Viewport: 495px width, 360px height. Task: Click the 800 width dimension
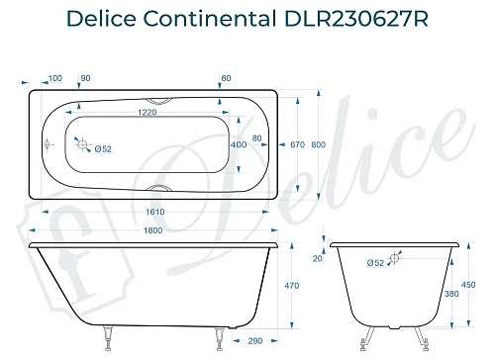click(x=317, y=144)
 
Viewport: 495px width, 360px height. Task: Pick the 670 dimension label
click(x=296, y=144)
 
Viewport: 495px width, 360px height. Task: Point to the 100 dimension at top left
click(x=53, y=77)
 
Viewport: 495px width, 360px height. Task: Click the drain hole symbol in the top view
click(x=83, y=144)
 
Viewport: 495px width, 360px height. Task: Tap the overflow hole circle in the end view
click(x=395, y=259)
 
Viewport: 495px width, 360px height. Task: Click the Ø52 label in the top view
click(x=102, y=149)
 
